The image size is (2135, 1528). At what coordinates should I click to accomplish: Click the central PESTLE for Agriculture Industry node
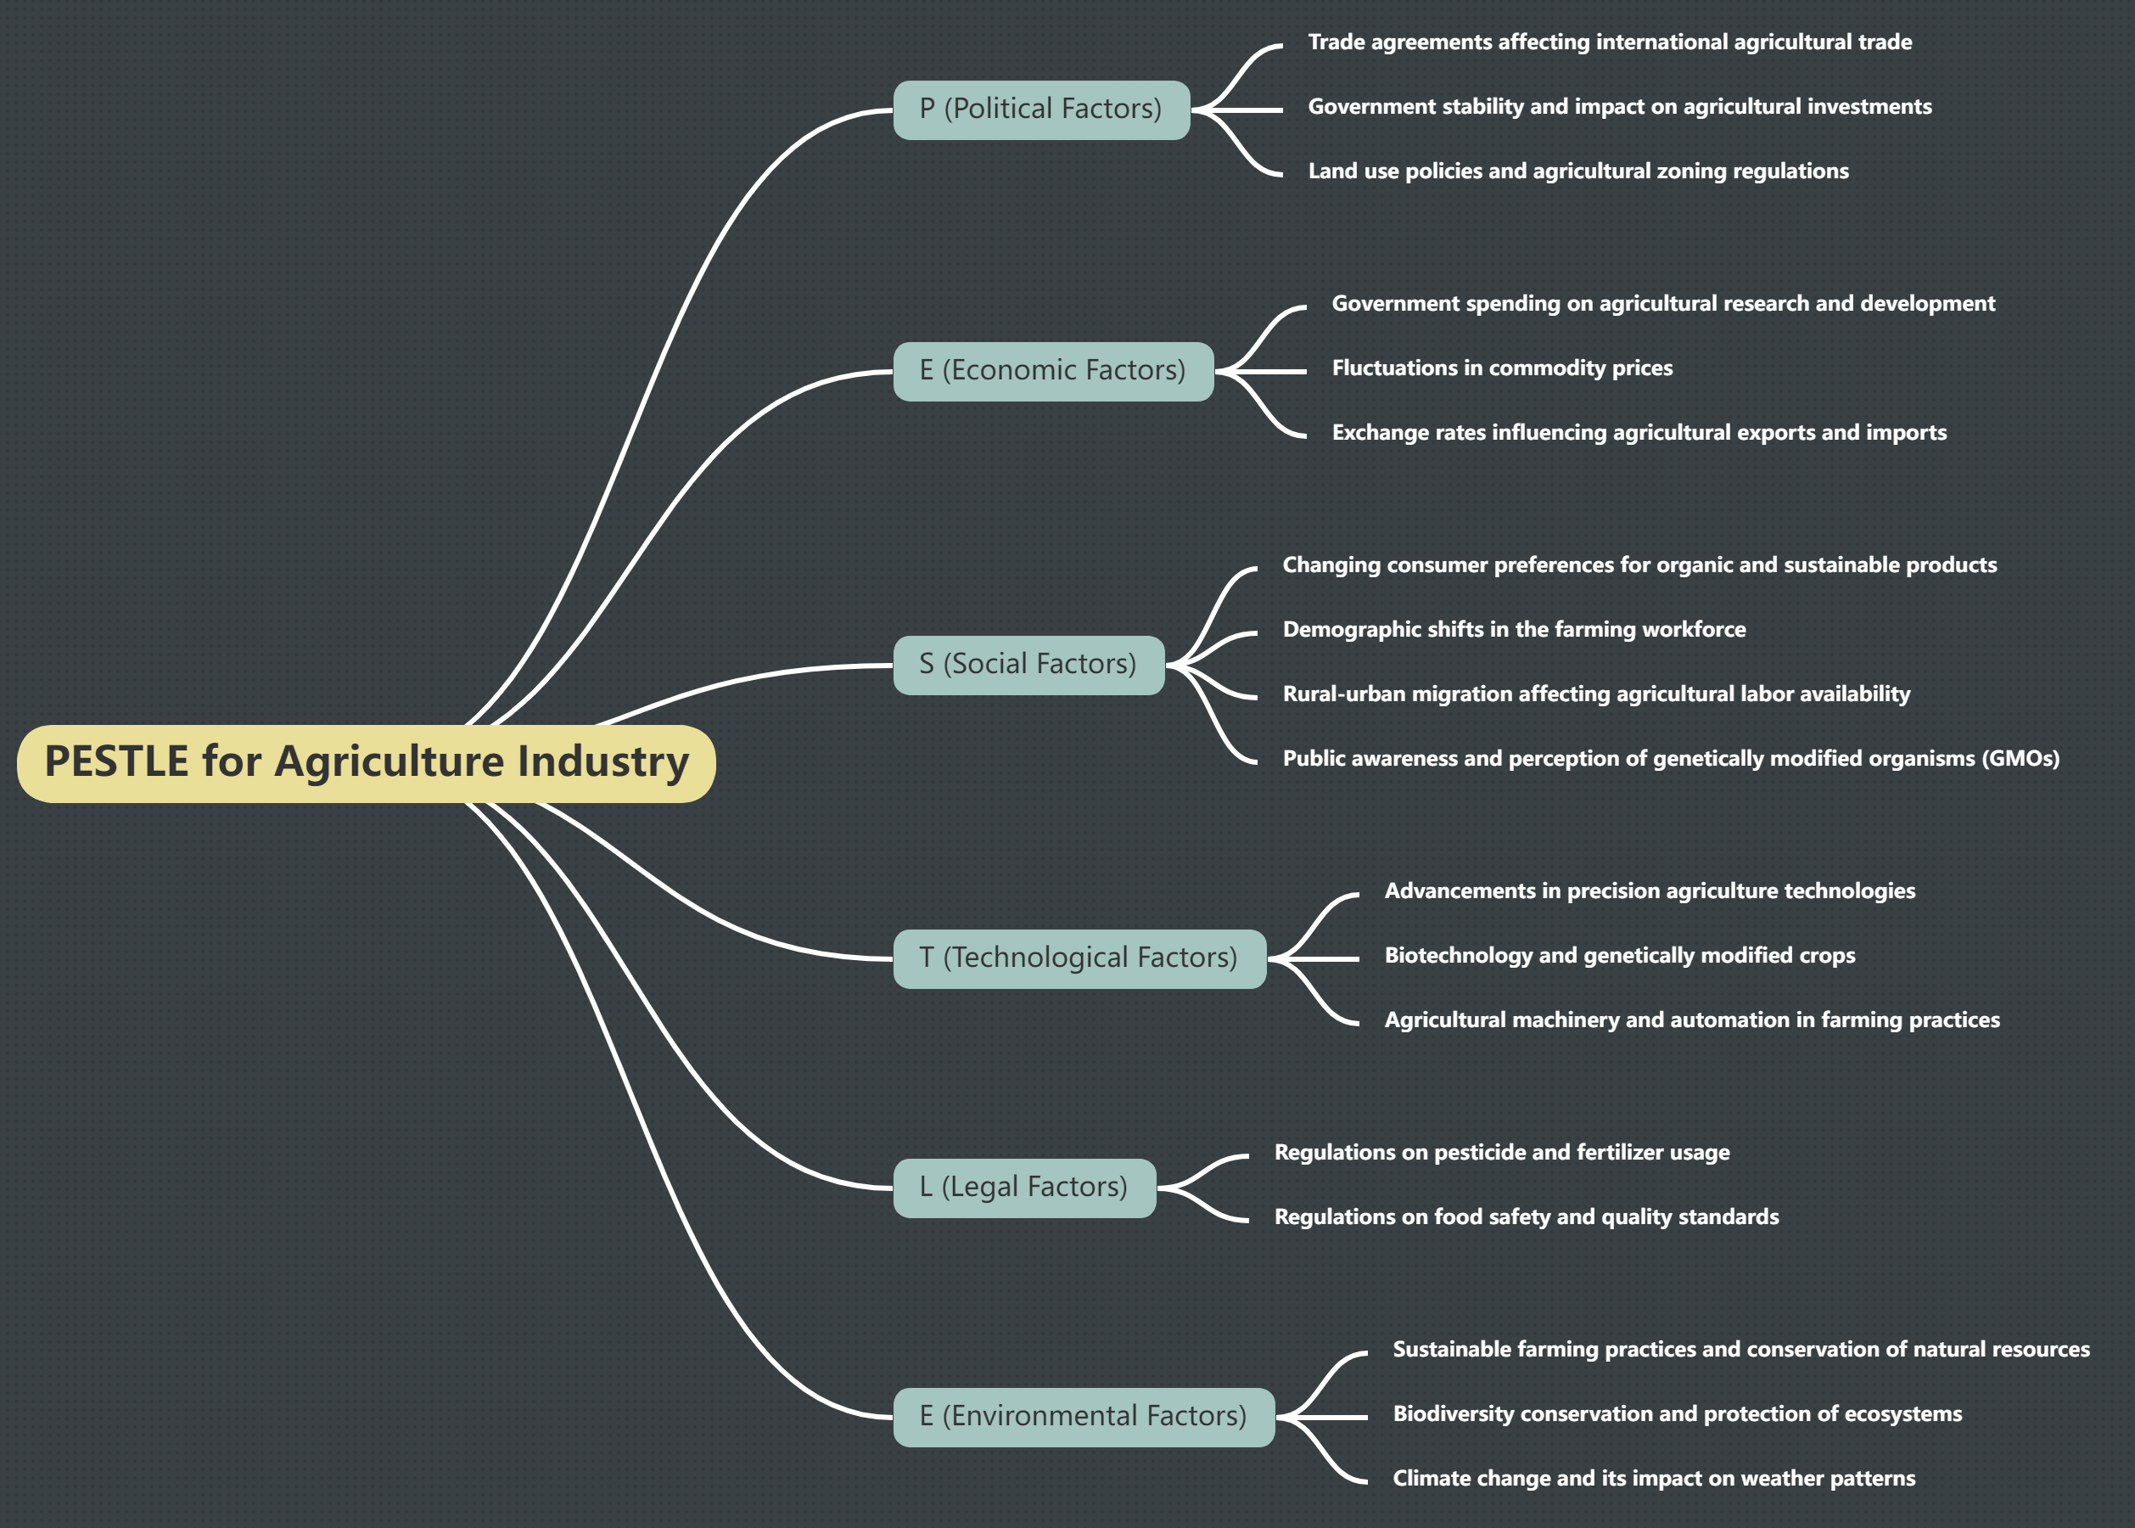pyautogui.click(x=366, y=762)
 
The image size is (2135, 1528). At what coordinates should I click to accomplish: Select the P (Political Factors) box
pyautogui.click(x=1041, y=110)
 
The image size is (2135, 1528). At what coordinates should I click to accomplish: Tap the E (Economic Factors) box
pyautogui.click(x=1052, y=371)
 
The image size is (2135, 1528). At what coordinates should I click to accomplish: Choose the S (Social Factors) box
pyautogui.click(x=1028, y=665)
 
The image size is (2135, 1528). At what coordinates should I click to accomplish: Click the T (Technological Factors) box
pyautogui.click(x=1079, y=958)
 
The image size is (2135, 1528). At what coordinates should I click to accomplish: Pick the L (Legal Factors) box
pyautogui.click(x=1023, y=1188)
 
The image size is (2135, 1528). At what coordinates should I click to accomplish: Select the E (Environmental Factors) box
pyautogui.click(x=1084, y=1416)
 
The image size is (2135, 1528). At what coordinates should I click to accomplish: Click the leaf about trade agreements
pyautogui.click(x=1609, y=42)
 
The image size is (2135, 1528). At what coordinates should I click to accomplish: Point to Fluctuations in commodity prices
pyautogui.click(x=1502, y=368)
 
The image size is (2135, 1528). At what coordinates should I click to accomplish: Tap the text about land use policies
pyautogui.click(x=1577, y=171)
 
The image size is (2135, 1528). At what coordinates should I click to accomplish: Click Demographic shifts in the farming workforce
pyautogui.click(x=1513, y=630)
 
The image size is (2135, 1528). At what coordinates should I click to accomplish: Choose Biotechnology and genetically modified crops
pyautogui.click(x=1619, y=956)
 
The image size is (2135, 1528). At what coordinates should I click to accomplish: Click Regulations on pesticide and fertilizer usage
pyautogui.click(x=1501, y=1153)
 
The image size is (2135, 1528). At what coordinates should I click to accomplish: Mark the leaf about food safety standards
pyautogui.click(x=1526, y=1217)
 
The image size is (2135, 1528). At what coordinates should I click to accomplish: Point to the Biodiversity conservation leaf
pyautogui.click(x=1676, y=1414)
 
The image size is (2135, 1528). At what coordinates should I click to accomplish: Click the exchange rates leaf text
pyautogui.click(x=1639, y=433)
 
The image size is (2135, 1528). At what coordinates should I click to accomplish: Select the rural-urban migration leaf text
pyautogui.click(x=1595, y=694)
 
